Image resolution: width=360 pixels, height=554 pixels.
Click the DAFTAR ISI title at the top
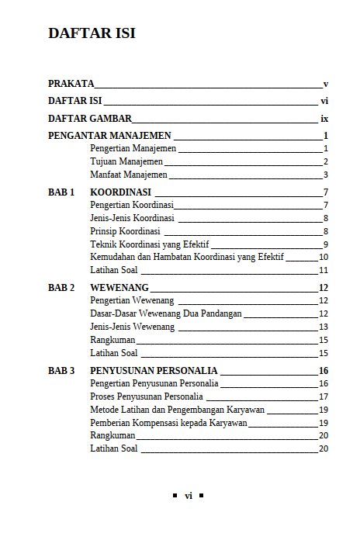[x=92, y=33]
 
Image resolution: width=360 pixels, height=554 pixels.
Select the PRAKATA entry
[x=71, y=83]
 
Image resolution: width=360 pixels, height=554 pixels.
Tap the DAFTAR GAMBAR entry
[x=89, y=119]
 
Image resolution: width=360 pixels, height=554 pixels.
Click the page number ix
[x=324, y=119]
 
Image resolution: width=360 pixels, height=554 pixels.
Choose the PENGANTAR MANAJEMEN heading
[x=109, y=136]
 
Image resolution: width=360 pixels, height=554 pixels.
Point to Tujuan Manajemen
[x=126, y=161]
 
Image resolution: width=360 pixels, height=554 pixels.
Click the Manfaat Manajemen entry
[x=128, y=175]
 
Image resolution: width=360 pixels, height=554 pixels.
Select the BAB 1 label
[x=61, y=192]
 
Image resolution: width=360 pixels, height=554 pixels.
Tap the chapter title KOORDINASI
[x=120, y=192]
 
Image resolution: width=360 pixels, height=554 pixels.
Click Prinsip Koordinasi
[x=125, y=231]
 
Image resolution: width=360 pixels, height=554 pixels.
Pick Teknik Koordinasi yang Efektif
[x=149, y=244]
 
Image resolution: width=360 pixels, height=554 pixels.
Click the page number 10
[x=324, y=258]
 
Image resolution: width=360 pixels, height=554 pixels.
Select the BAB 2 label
[x=61, y=288]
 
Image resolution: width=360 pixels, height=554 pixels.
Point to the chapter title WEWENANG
[x=119, y=288]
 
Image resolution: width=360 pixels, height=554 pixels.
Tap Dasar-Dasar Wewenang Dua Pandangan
[x=166, y=313]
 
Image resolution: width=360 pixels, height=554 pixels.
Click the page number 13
[x=324, y=327]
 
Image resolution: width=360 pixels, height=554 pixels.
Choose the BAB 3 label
[x=61, y=371]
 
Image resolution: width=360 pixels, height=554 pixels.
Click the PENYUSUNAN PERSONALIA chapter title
[x=154, y=371]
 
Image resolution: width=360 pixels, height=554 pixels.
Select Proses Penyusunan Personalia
[x=146, y=396]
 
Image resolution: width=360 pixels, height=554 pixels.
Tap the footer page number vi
[x=188, y=496]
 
